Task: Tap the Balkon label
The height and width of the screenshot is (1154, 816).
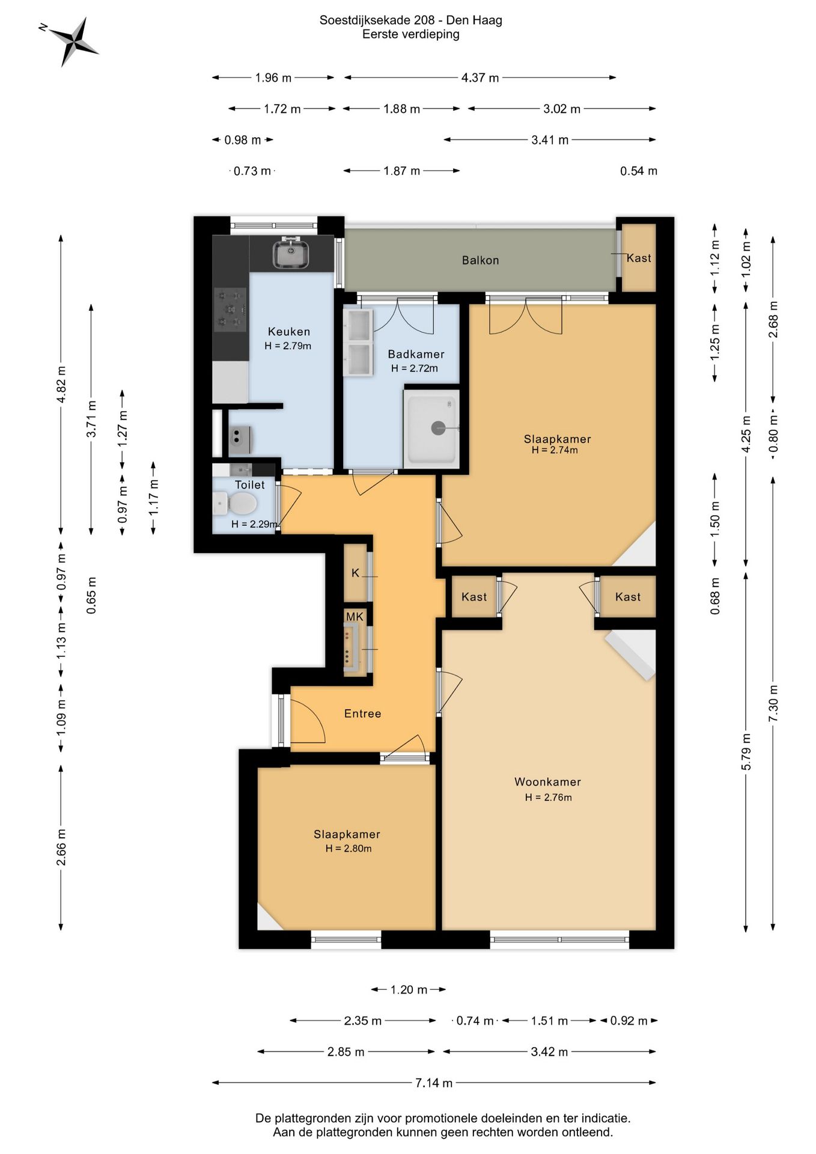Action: point(480,260)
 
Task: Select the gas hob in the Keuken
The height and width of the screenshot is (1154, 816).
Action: point(231,310)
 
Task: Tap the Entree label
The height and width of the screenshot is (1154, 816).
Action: point(362,713)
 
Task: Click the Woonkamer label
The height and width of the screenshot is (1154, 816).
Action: point(547,782)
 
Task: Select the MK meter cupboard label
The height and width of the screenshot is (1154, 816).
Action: point(355,617)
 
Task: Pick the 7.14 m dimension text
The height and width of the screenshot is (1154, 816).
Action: point(434,1082)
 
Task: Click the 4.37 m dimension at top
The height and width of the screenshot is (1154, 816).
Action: point(480,78)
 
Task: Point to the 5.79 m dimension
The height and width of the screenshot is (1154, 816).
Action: point(746,752)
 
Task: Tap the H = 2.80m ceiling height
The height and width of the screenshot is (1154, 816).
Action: point(349,849)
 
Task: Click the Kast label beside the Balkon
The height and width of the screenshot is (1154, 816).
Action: point(639,258)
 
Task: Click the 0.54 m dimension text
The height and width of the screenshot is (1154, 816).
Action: point(639,171)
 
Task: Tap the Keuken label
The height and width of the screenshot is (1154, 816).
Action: point(289,332)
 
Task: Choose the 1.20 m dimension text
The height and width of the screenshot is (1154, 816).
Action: point(409,989)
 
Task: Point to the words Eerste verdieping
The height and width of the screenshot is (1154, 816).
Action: point(411,34)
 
